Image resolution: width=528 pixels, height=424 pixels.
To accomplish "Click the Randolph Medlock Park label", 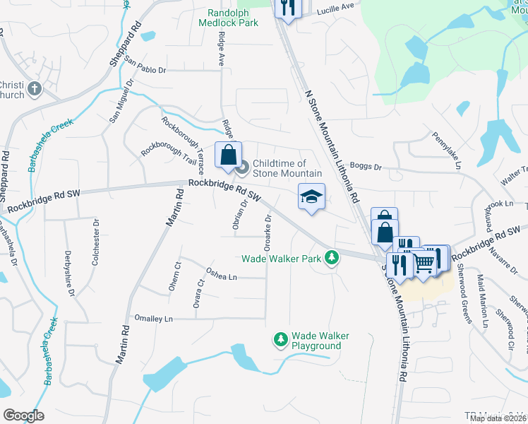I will coord(233,18).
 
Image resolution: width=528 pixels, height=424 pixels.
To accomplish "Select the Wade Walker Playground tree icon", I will coord(281,340).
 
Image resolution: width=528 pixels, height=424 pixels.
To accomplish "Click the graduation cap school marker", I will coord(311,196).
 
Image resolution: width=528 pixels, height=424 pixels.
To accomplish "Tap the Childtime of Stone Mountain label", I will coord(287,168).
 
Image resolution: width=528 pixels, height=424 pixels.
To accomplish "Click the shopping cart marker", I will coord(424,262).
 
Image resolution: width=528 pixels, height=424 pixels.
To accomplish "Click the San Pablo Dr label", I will coord(145,69).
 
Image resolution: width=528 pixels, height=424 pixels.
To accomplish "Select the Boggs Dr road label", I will coord(365,167).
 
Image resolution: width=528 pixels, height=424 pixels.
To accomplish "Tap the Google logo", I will coord(23,415).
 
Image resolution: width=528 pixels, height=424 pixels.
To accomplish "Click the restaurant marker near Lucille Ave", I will coord(289,8).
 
